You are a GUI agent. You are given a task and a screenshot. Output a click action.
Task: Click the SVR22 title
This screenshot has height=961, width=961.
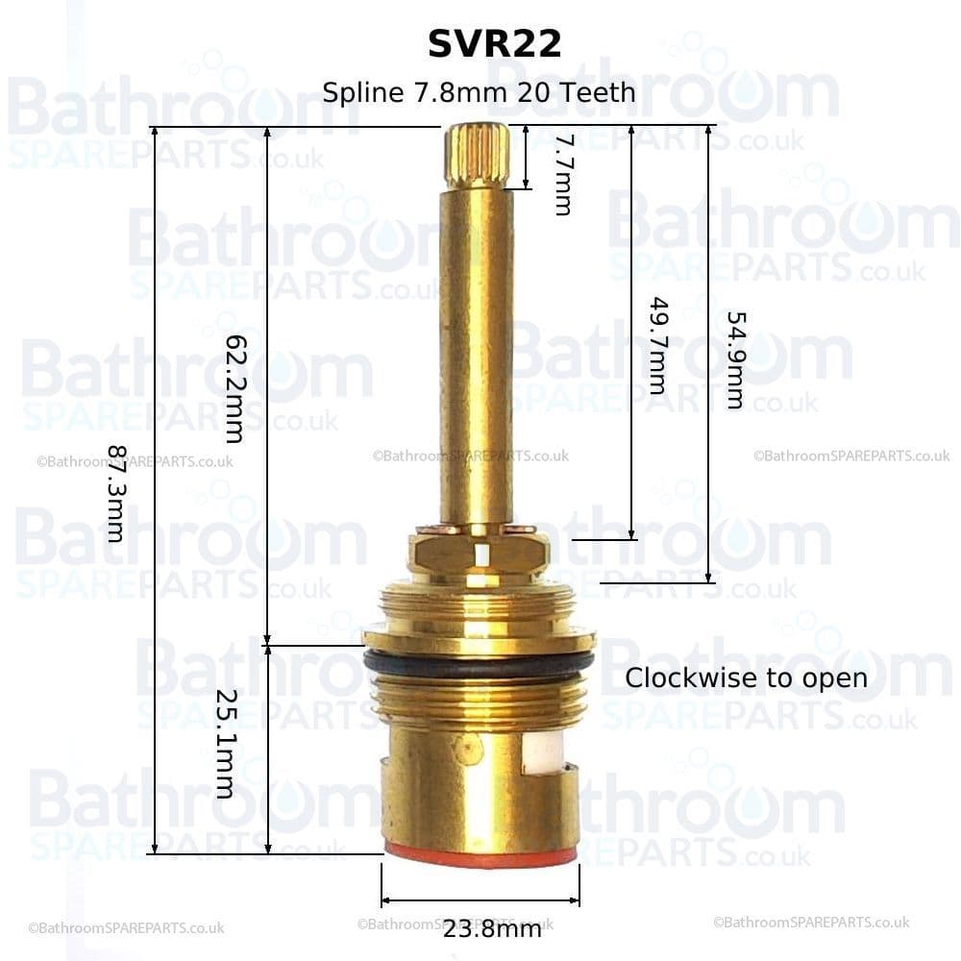[x=494, y=44]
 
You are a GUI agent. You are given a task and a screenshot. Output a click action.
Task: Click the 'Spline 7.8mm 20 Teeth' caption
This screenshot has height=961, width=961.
[x=479, y=92]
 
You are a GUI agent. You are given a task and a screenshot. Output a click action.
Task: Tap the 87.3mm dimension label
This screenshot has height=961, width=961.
[x=116, y=493]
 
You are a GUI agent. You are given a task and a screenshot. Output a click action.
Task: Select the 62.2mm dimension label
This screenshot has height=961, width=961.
[x=234, y=388]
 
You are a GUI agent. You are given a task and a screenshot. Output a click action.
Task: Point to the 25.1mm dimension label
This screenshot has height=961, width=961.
[x=224, y=744]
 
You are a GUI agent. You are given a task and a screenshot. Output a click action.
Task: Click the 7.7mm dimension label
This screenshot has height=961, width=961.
[x=562, y=174]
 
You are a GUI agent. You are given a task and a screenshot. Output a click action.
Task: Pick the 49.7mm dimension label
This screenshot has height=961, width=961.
[x=656, y=345]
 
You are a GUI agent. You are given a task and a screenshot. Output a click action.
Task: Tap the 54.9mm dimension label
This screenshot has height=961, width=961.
[x=734, y=359]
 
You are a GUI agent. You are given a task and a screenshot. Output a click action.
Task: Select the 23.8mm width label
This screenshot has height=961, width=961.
[x=492, y=928]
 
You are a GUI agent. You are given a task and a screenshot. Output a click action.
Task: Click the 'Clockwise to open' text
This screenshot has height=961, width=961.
[x=746, y=678]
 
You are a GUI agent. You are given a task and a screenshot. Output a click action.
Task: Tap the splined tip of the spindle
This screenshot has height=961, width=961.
[x=477, y=157]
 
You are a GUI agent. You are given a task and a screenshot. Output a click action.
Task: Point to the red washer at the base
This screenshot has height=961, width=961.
[x=480, y=854]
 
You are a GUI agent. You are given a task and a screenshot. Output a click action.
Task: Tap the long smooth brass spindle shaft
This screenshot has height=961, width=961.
[x=477, y=356]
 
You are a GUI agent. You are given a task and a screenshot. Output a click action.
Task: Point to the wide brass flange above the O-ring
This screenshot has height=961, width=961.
[x=479, y=637]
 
